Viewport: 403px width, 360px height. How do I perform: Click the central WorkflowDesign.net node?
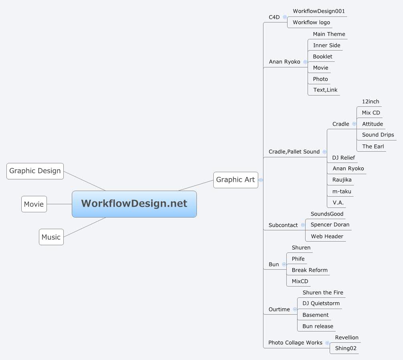134,204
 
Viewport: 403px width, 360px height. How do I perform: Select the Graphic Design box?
35,171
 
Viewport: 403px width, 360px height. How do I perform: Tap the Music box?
51,237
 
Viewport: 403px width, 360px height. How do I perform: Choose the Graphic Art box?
235,180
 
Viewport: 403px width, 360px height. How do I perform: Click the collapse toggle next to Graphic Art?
261,180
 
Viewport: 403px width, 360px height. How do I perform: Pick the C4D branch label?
274,17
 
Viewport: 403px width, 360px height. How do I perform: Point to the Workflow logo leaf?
311,22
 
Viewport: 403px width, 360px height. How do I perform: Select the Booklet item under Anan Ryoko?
322,57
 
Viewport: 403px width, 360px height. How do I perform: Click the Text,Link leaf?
325,90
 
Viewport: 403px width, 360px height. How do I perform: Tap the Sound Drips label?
378,135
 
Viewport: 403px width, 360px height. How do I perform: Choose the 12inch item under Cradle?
371,102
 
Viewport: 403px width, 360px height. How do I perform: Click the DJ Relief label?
343,158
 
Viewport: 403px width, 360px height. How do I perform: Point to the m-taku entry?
342,191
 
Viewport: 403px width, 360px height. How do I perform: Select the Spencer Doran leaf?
330,225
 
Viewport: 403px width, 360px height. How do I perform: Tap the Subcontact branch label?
283,225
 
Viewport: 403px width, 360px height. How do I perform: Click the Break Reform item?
310,270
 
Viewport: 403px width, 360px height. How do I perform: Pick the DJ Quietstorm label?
321,303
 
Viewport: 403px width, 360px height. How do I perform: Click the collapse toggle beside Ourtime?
295,309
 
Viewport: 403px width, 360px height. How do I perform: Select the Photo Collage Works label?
295,343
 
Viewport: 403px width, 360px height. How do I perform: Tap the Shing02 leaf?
346,348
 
